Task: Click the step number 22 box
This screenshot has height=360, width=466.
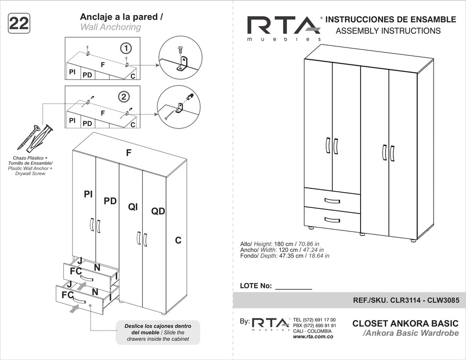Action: (x=19, y=23)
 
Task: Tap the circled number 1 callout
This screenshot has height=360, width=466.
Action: (x=126, y=48)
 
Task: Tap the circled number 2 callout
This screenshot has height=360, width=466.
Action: (x=124, y=97)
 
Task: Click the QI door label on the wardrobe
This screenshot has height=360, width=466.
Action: (x=133, y=206)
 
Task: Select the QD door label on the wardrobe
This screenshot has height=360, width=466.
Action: (x=158, y=211)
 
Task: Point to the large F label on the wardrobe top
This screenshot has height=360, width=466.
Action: (x=129, y=153)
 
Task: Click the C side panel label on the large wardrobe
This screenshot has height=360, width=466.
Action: (x=178, y=240)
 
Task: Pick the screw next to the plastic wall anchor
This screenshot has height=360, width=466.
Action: (x=28, y=138)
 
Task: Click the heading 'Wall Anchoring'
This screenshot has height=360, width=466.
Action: (x=110, y=27)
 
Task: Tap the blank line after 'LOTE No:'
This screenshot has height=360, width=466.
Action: (x=294, y=289)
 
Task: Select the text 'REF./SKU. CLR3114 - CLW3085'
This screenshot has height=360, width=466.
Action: (x=406, y=300)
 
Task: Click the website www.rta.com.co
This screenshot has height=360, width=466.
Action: (x=313, y=336)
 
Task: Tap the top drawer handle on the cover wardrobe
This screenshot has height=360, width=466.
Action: (x=332, y=201)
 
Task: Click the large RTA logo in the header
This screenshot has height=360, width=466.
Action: (x=284, y=27)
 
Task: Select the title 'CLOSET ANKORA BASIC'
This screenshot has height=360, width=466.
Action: (x=405, y=323)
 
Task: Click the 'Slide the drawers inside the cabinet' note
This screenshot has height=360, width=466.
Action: (x=158, y=333)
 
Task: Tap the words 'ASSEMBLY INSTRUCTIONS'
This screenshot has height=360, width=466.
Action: (x=388, y=30)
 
